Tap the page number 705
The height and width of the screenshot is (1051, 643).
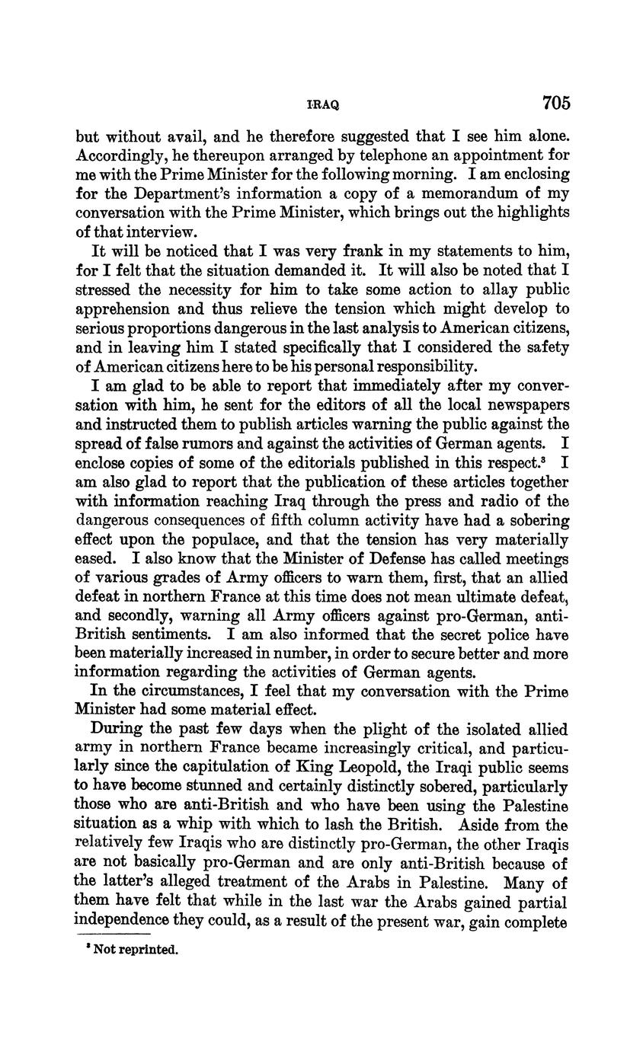[x=556, y=103]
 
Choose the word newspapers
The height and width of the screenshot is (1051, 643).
[x=524, y=406]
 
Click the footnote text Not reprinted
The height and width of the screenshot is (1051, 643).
[x=136, y=950]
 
